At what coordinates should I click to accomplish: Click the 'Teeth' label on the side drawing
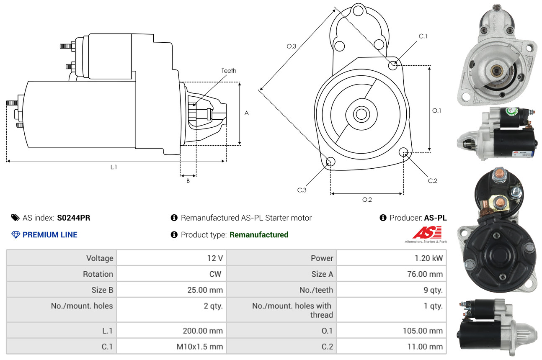229,71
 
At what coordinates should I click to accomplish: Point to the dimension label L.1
114,167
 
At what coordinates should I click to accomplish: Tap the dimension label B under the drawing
188,181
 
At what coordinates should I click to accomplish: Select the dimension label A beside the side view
247,113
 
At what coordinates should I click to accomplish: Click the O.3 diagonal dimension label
292,46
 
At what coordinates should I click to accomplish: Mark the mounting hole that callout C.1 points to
393,65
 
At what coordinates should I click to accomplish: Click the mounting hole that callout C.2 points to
403,152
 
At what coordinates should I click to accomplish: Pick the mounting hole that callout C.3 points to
330,162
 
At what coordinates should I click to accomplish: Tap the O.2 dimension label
367,200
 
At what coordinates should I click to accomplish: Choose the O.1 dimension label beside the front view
437,111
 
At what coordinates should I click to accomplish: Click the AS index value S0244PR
74,218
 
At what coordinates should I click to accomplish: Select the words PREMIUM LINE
50,235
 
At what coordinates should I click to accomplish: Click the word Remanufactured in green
259,235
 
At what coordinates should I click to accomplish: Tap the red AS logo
427,232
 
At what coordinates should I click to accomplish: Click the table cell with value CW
215,274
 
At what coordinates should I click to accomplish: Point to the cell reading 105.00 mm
423,331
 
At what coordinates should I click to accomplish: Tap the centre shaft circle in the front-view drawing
360,113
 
